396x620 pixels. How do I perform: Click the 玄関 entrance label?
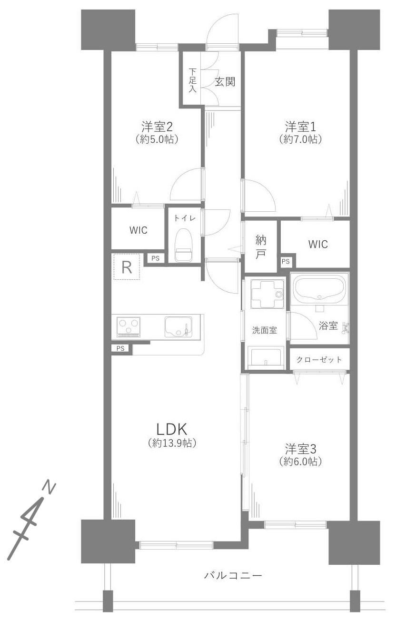tap(225, 82)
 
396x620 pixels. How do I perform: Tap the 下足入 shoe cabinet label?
tap(192, 80)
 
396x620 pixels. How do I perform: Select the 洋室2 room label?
tap(157, 127)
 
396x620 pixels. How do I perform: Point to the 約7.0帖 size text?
tap(300, 139)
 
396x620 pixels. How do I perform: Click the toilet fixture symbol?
tap(184, 245)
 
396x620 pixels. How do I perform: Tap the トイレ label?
tap(185, 219)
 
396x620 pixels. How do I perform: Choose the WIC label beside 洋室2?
tap(138, 230)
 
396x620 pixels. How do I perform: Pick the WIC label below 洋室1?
tap(318, 244)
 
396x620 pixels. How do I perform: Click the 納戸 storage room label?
tap(260, 247)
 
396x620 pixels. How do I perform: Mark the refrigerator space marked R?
tap(127, 267)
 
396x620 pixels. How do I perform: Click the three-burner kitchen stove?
tap(128, 328)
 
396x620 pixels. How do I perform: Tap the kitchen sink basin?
tap(178, 327)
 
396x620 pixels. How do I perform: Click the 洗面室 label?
tap(265, 330)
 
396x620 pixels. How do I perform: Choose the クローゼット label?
tap(319, 360)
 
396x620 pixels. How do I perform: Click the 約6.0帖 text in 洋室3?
tap(300, 461)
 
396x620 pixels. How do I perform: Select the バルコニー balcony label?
tap(233, 574)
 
